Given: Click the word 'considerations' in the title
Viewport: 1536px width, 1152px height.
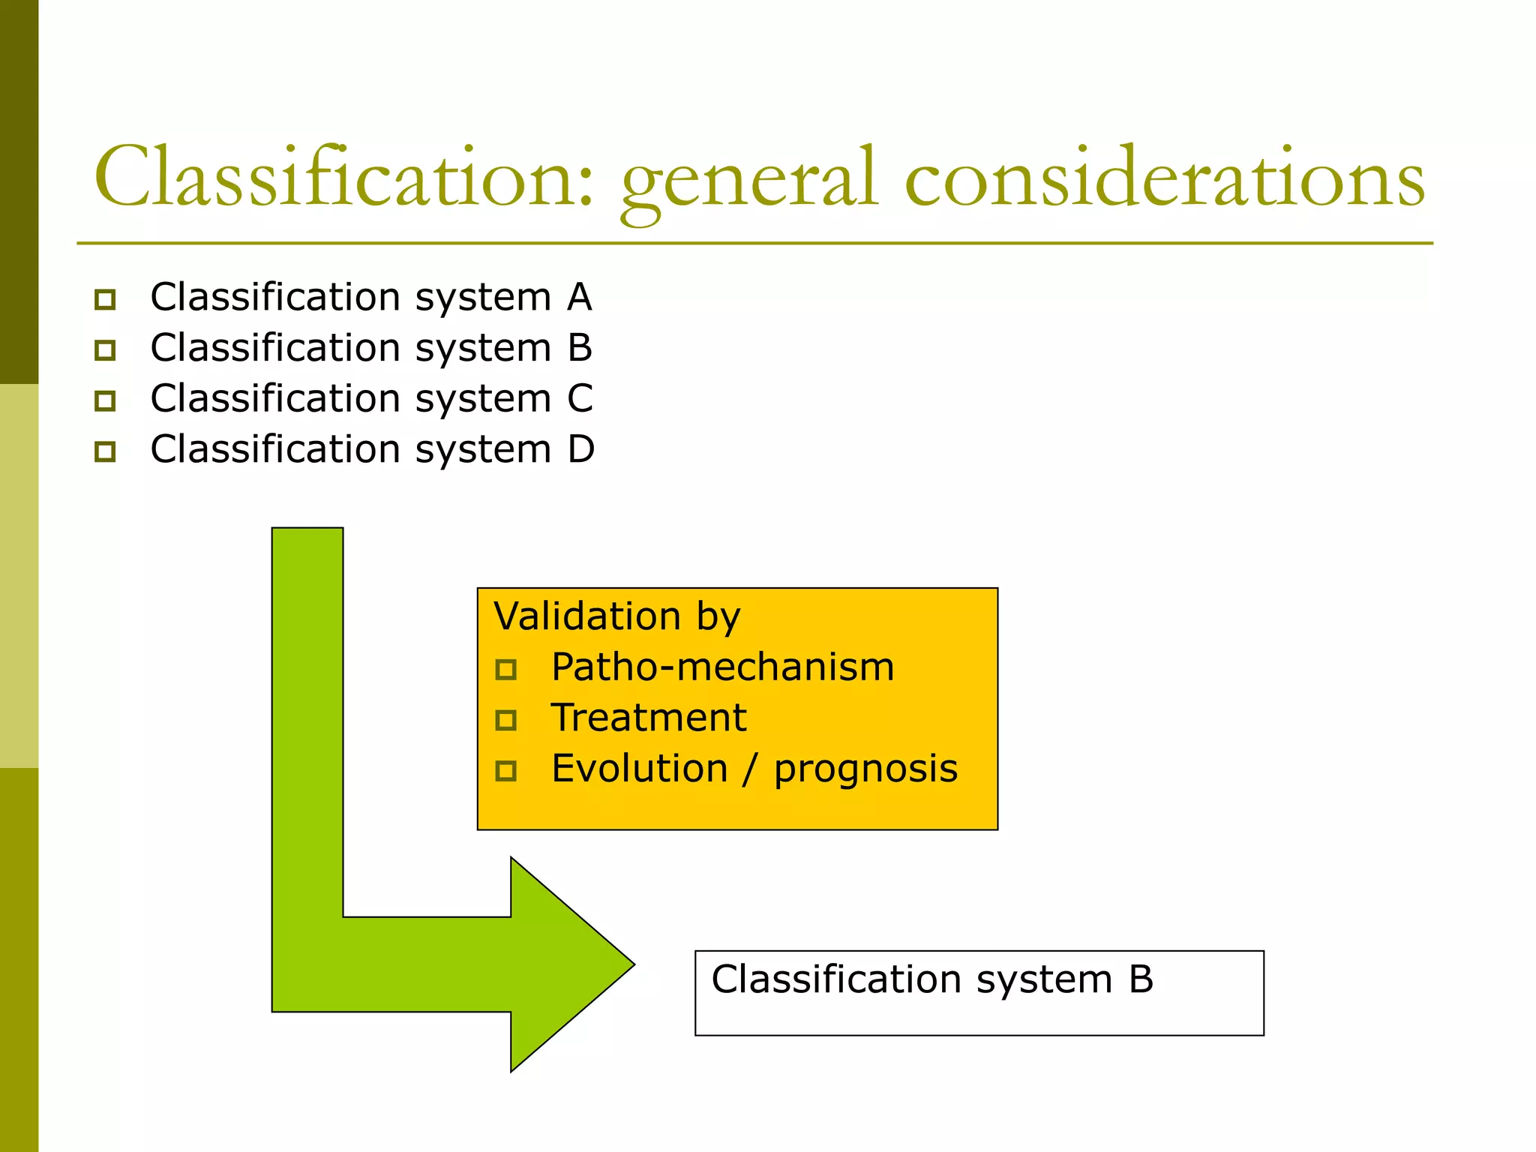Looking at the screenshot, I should pyautogui.click(x=1164, y=178).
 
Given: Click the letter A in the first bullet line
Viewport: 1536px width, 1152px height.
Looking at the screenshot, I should pyautogui.click(x=579, y=297).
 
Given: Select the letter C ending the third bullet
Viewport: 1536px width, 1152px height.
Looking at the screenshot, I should pyautogui.click(x=580, y=398).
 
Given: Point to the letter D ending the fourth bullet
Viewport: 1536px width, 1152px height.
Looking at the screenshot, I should pyautogui.click(x=580, y=449).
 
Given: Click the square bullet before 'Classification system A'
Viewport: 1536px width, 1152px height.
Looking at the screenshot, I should pyautogui.click(x=105, y=299).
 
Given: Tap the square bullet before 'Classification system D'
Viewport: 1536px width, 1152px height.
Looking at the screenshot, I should pyautogui.click(x=105, y=451).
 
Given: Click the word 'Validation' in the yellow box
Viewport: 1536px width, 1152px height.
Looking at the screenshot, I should pyautogui.click(x=587, y=616).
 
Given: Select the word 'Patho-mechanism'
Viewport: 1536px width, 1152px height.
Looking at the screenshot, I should pyautogui.click(x=722, y=667).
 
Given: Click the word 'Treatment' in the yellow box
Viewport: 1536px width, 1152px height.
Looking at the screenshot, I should pyautogui.click(x=648, y=718).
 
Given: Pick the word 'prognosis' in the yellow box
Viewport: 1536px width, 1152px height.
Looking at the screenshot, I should pyautogui.click(x=865, y=769).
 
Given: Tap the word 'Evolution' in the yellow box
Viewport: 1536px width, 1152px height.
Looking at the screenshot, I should pyautogui.click(x=639, y=769).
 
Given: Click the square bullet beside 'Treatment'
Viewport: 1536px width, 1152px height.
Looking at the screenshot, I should pyautogui.click(x=506, y=720).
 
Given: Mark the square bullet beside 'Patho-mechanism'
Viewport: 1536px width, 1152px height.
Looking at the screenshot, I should pyautogui.click(x=506, y=669).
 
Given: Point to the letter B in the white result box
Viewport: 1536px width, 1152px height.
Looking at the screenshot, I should pyautogui.click(x=1141, y=979).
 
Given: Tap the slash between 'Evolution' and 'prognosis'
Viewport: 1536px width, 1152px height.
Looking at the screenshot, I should pyautogui.click(x=750, y=769).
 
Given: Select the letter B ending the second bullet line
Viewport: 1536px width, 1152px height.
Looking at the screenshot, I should pyautogui.click(x=580, y=348).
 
